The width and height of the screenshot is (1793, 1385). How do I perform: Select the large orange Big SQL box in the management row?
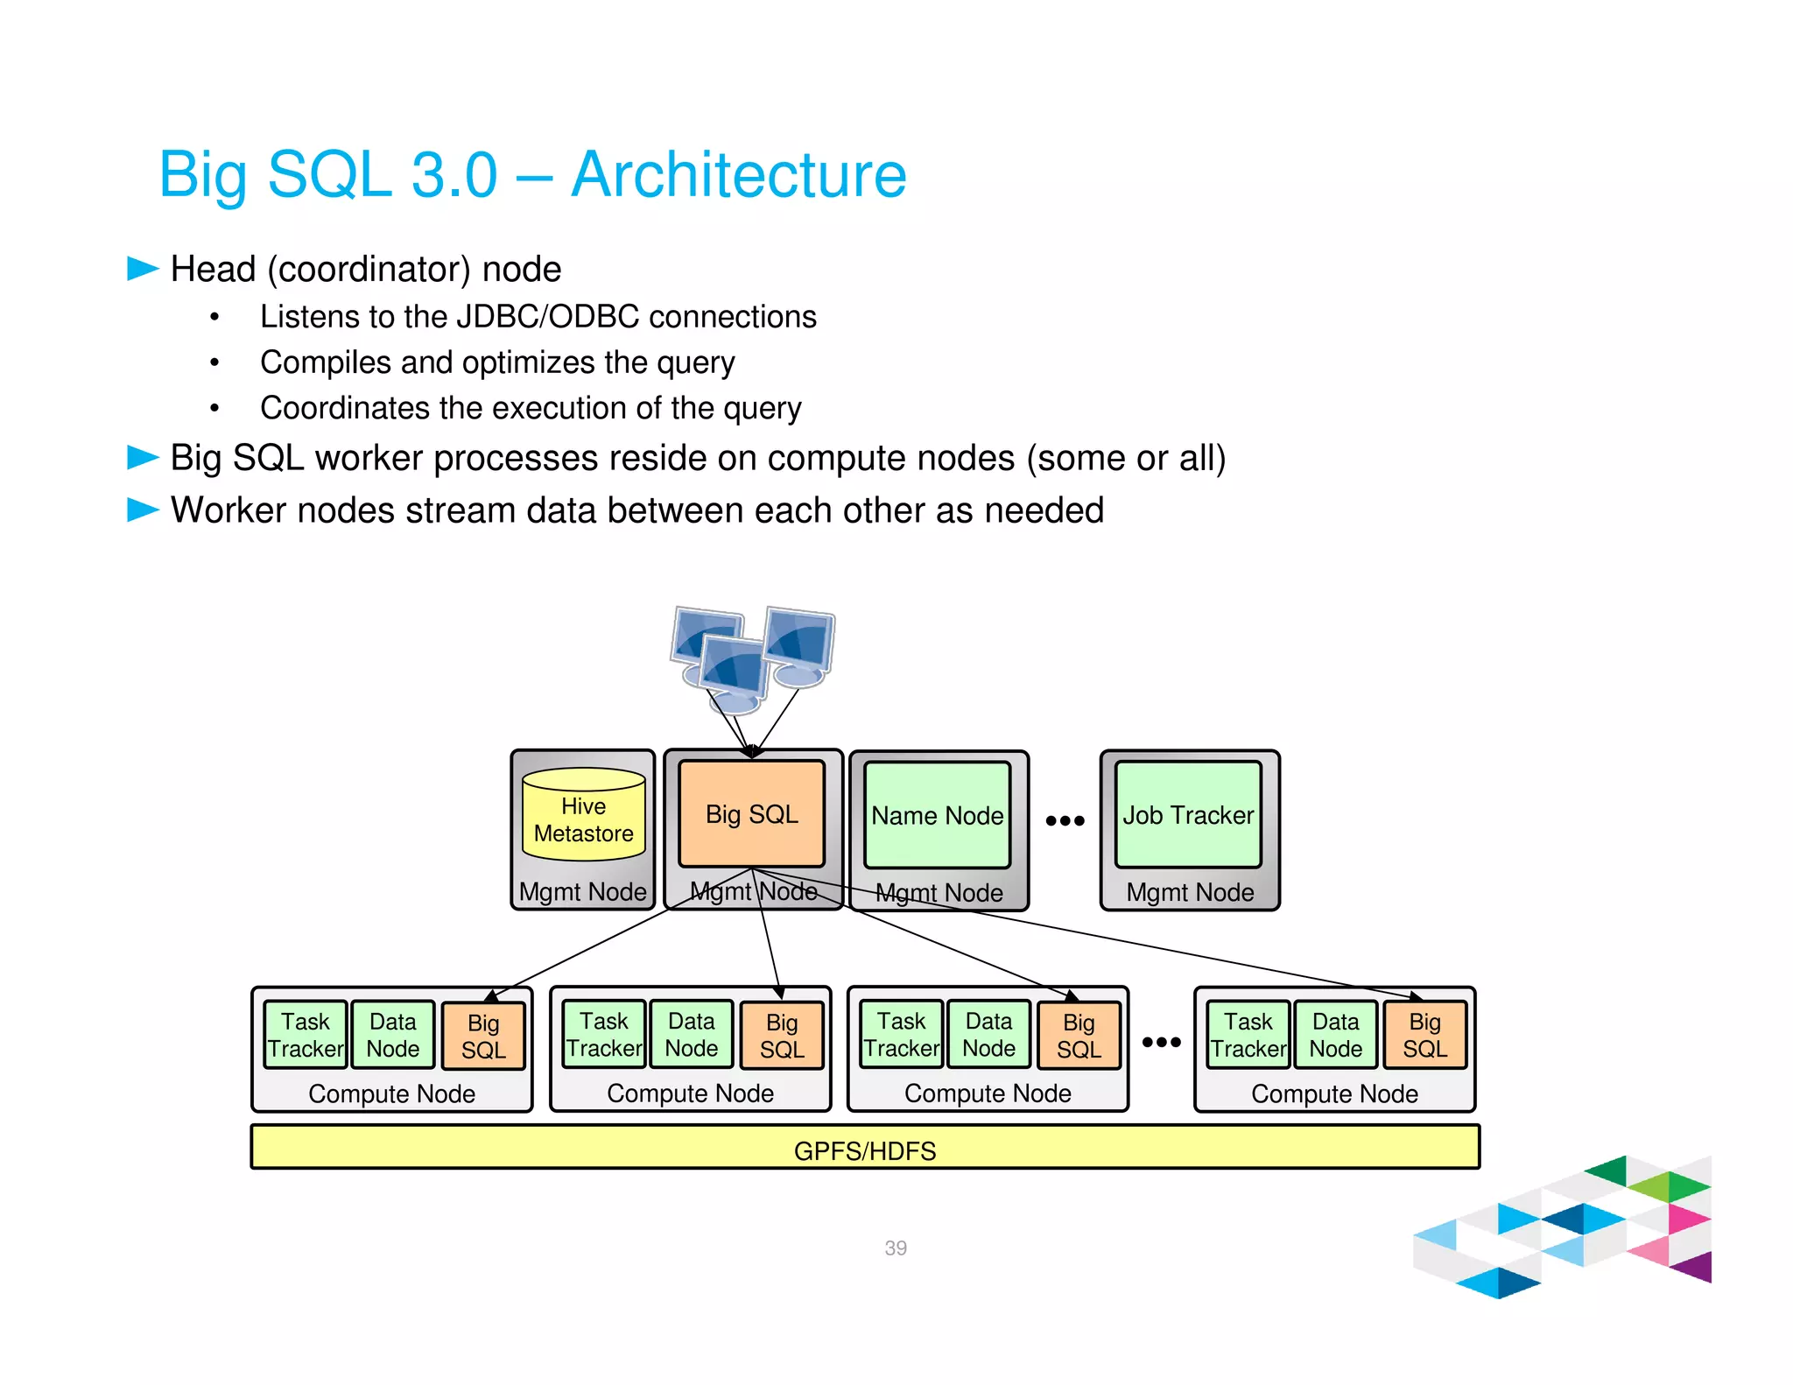point(751,814)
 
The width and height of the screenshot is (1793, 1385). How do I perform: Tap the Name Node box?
point(937,815)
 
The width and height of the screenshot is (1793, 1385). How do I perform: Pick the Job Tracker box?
point(1188,815)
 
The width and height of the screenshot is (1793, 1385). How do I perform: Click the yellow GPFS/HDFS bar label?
point(864,1150)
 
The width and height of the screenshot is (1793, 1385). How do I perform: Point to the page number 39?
point(895,1248)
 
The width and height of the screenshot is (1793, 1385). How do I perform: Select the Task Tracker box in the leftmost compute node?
point(306,1035)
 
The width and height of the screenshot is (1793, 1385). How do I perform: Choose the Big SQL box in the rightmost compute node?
point(1424,1035)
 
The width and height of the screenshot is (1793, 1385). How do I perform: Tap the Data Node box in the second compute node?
point(691,1035)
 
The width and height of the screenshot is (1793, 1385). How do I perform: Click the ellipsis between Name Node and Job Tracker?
point(1065,820)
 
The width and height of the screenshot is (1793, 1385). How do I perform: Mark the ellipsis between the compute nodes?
point(1161,1042)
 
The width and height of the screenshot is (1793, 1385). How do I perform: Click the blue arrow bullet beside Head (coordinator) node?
point(143,269)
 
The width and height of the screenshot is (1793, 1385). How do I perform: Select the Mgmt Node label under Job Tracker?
point(1190,892)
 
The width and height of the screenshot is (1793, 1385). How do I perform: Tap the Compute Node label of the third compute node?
point(988,1093)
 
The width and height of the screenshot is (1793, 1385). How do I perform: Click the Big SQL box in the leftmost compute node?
point(483,1036)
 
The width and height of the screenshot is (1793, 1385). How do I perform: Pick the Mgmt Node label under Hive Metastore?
point(582,892)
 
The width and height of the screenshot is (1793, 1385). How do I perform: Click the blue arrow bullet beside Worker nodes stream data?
point(143,510)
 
